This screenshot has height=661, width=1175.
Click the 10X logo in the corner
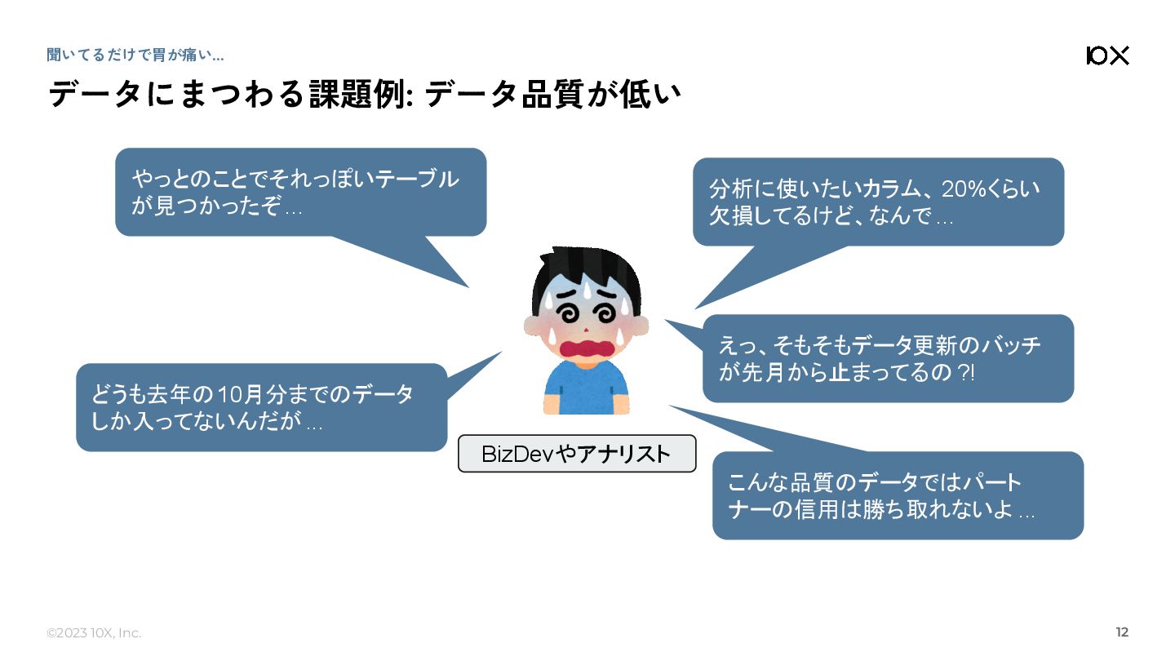pyautogui.click(x=1107, y=55)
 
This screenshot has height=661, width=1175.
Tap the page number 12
pyautogui.click(x=1122, y=632)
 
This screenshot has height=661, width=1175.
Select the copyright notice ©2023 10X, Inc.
pyautogui.click(x=94, y=633)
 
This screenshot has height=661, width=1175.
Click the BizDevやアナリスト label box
pyautogui.click(x=577, y=454)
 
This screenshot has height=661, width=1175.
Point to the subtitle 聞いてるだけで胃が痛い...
pyautogui.click(x=135, y=55)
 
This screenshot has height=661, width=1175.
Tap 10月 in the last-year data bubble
pyautogui.click(x=237, y=395)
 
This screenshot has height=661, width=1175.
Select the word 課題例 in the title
pyautogui.click(x=358, y=95)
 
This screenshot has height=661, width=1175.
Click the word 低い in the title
pyautogui.click(x=652, y=95)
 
